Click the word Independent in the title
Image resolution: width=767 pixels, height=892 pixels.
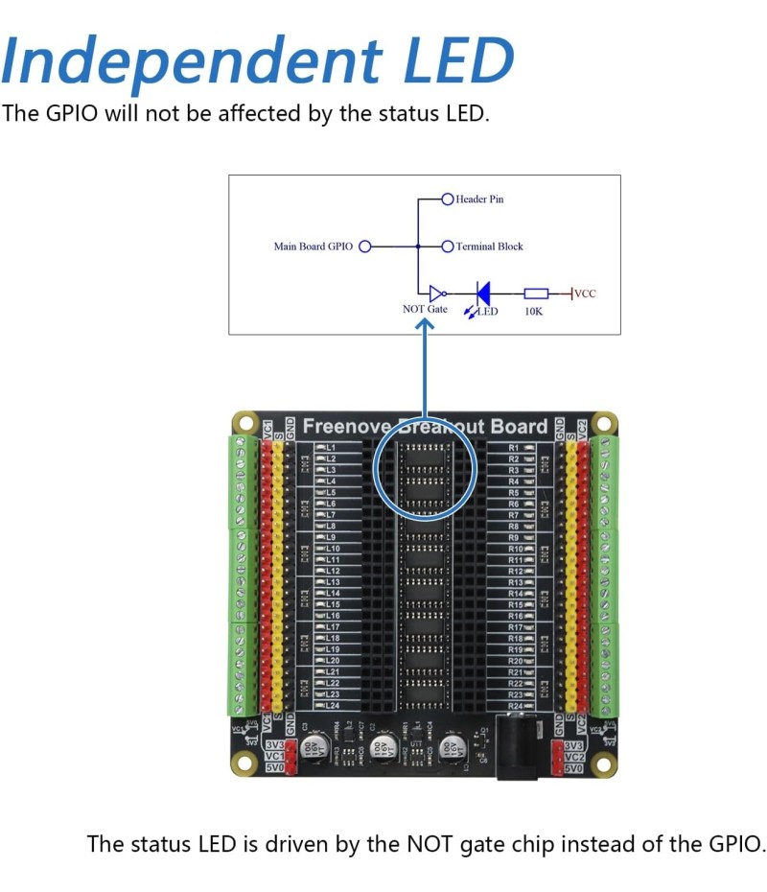[x=183, y=59]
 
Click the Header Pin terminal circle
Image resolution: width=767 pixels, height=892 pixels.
[x=447, y=200]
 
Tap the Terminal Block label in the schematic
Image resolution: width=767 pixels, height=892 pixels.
[x=490, y=246]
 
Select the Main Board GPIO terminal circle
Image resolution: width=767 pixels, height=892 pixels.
[x=364, y=246]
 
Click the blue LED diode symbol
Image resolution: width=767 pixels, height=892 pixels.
[x=483, y=293]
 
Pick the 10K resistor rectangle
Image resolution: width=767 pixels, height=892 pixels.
[x=536, y=293]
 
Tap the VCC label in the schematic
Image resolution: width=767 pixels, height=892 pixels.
[x=585, y=293]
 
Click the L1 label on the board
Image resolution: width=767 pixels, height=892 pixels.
[x=332, y=448]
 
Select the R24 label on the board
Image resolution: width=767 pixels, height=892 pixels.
[x=515, y=706]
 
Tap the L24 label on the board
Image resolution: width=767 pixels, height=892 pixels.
[x=333, y=706]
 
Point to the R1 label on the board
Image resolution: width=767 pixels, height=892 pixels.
[x=514, y=448]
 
